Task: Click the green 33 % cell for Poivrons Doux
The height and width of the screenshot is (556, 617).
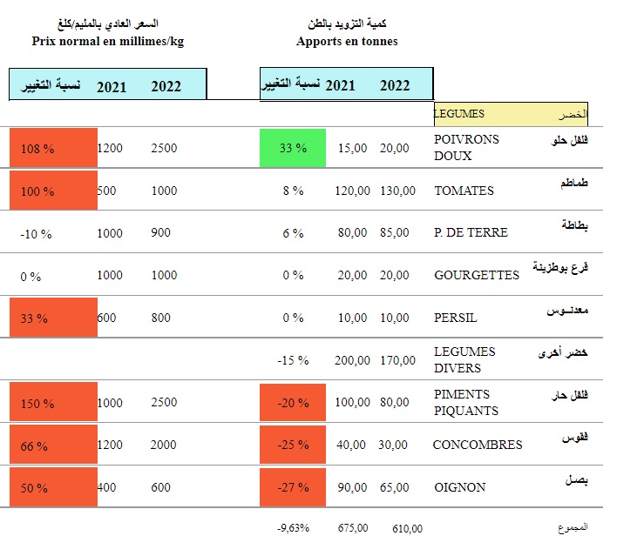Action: click(293, 148)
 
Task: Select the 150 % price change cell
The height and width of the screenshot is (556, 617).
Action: click(53, 403)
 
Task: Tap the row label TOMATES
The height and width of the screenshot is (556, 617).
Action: click(464, 191)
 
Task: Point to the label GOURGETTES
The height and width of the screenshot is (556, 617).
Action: click(476, 275)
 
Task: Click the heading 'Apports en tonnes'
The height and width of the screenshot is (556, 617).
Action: click(347, 41)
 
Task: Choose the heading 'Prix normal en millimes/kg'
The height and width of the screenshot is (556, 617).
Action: click(108, 41)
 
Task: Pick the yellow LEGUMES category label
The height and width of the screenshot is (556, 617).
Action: click(511, 114)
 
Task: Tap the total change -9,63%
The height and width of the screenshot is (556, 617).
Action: click(294, 528)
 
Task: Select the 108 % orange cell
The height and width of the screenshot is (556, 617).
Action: click(53, 148)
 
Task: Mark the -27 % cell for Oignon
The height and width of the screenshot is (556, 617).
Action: click(293, 487)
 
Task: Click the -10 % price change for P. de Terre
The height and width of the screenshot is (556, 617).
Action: click(37, 233)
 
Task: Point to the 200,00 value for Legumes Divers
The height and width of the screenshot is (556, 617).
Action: click(352, 360)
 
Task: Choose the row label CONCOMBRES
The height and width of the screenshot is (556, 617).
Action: click(478, 445)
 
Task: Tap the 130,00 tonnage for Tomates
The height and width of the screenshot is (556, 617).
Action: click(397, 191)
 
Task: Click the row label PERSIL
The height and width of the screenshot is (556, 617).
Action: click(456, 318)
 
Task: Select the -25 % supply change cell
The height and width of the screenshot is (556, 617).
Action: click(293, 445)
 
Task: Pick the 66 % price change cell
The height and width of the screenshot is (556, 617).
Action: click(53, 445)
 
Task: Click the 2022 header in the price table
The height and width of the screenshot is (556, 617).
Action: click(166, 86)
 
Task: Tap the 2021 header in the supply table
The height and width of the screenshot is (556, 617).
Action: click(340, 85)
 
